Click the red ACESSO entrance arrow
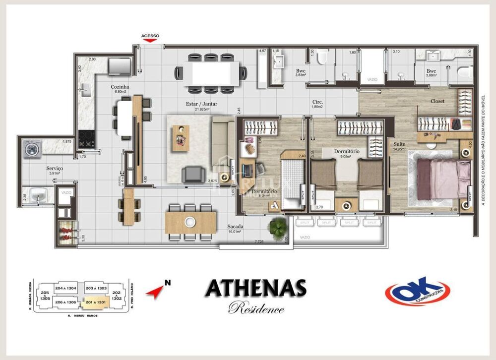point(150,40)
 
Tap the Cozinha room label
point(120,86)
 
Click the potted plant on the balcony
point(277,227)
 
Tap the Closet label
point(437,101)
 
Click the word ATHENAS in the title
point(255,289)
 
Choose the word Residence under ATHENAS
point(256,308)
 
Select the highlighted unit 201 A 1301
point(95,301)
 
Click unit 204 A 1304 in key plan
point(65,288)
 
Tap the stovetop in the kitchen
point(87,139)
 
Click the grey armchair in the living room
point(191,174)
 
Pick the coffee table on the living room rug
point(180,138)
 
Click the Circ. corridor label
point(317,102)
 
